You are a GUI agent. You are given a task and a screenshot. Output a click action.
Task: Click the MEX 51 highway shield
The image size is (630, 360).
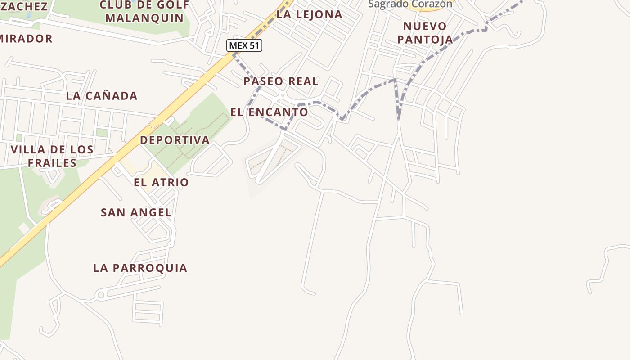[x=244, y=45]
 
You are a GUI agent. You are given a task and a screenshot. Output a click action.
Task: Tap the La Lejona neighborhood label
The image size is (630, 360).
[x=309, y=14]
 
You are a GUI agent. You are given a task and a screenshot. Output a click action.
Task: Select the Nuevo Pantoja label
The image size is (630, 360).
[x=425, y=32]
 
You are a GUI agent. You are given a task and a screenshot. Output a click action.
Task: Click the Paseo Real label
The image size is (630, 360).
[x=281, y=81]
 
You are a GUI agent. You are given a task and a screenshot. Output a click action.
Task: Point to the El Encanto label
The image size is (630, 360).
[x=269, y=112]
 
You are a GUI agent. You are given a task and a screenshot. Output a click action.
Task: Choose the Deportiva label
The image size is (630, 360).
[x=175, y=140]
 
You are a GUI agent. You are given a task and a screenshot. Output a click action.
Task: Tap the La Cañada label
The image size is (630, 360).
[x=102, y=96]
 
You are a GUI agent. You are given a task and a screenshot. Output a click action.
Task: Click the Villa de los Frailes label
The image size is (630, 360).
[x=52, y=156]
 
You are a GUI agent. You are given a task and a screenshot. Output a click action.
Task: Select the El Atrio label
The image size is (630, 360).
[x=161, y=182]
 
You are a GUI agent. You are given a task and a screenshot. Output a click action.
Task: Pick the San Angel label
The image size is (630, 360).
[x=136, y=212]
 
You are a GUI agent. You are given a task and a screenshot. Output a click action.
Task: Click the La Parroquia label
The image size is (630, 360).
[x=140, y=268]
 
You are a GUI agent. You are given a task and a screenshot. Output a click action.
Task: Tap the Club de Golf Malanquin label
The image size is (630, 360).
[x=144, y=12]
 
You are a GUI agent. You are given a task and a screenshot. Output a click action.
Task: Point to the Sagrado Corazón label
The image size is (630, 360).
[x=410, y=4]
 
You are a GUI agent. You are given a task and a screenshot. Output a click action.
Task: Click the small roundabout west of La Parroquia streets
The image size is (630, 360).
[x=100, y=295]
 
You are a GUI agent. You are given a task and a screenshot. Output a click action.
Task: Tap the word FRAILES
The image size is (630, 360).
[x=52, y=163]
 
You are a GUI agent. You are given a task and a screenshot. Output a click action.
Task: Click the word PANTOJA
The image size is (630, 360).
[x=425, y=40]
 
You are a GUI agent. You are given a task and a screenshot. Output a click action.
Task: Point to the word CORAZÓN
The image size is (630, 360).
[x=432, y=4]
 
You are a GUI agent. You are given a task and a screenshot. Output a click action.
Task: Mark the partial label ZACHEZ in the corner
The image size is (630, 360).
[x=24, y=6]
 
